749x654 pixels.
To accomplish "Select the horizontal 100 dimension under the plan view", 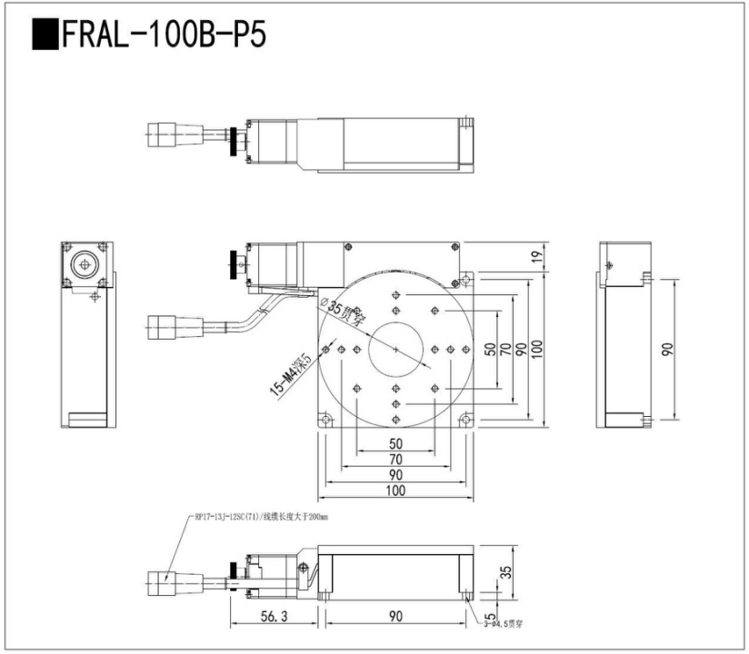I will coord(394,490).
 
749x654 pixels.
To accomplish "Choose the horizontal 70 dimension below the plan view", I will coord(394,460).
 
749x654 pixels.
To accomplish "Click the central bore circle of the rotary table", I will coord(396,350).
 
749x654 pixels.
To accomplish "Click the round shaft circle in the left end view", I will coord(85,264).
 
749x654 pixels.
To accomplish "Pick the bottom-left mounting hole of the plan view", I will coord(325,419).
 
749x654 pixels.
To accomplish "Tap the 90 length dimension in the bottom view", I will coord(395,617).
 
